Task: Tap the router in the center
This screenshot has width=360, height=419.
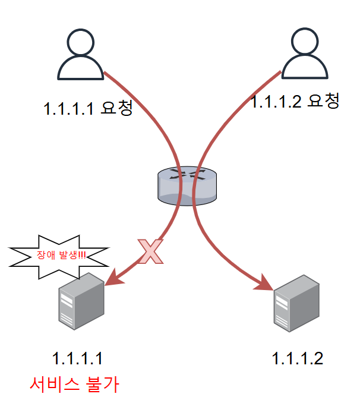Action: (186, 185)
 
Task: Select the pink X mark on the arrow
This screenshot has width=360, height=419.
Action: (151, 251)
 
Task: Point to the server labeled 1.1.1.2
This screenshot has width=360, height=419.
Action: (296, 303)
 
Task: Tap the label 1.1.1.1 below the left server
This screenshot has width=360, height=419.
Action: (78, 358)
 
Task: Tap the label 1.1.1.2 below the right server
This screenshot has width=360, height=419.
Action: (297, 358)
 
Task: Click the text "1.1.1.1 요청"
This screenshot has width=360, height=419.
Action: (87, 109)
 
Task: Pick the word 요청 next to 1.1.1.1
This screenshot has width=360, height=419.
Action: (116, 108)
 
